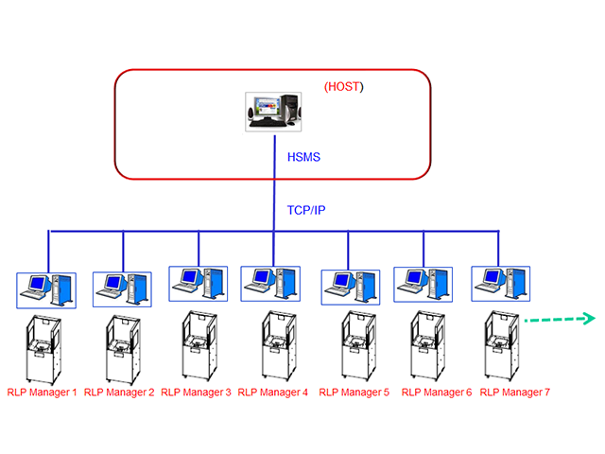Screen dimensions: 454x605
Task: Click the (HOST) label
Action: [343, 87]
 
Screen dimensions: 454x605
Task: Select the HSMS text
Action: [302, 157]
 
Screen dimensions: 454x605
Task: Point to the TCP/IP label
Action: [307, 210]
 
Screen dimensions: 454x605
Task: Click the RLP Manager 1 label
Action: [42, 392]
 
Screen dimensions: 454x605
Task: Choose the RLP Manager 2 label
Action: [119, 392]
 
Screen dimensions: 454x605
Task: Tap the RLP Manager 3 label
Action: [196, 392]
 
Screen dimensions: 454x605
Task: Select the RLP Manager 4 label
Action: [272, 392]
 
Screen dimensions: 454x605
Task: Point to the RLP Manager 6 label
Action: [436, 392]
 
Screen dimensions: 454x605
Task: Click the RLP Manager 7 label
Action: [514, 392]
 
